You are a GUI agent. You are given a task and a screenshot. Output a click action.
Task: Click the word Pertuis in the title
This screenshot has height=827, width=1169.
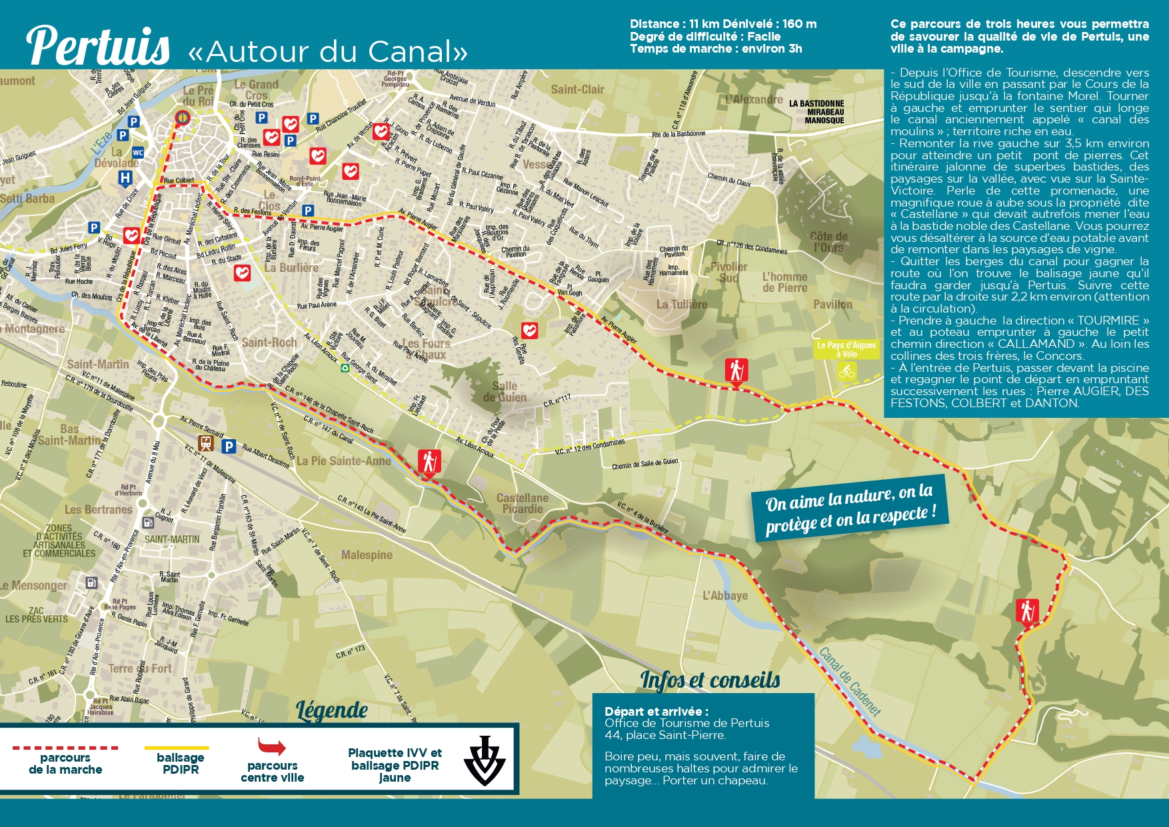tap(98, 47)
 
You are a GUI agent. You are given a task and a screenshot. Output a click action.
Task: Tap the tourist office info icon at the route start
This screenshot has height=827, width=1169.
tap(181, 118)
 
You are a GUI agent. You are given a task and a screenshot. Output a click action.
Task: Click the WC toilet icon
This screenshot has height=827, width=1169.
tap(138, 153)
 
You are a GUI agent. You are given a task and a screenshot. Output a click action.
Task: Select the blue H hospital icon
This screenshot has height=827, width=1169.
tap(125, 178)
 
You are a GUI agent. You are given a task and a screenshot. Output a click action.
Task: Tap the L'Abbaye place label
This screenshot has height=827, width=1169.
tap(725, 595)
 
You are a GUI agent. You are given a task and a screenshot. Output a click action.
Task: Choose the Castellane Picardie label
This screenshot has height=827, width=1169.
tap(523, 503)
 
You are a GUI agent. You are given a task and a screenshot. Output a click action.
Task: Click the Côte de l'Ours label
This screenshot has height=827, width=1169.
tap(828, 242)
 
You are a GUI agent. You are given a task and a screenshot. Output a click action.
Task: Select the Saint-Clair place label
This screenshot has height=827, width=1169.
tap(577, 89)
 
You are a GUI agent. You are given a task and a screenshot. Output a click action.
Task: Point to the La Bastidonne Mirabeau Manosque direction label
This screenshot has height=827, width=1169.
tap(816, 112)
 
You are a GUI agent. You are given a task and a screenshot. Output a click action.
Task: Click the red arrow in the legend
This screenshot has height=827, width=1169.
tap(271, 746)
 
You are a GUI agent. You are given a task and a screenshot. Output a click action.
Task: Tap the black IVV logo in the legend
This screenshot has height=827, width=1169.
tap(485, 760)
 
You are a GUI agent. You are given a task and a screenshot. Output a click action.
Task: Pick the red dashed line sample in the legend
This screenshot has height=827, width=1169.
tap(65, 748)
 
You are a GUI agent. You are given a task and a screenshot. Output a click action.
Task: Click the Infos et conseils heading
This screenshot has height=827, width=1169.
tap(710, 680)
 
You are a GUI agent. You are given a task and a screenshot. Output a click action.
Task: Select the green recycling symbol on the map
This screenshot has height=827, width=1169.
tap(345, 367)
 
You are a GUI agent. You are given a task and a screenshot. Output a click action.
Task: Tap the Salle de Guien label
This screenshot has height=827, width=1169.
tap(505, 391)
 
